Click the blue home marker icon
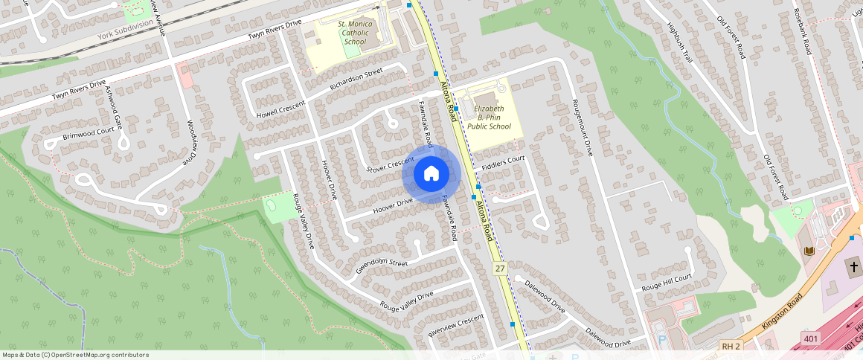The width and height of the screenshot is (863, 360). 431,174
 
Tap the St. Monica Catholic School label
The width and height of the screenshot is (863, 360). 355,33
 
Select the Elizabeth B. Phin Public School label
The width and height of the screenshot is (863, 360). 489,118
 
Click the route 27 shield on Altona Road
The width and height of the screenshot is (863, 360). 499,268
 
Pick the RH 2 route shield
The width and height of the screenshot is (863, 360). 731,347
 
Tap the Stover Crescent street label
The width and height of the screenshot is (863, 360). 390,164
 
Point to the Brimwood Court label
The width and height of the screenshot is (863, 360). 89,133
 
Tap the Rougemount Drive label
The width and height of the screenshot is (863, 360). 582,127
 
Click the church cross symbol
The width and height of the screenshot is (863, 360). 853,266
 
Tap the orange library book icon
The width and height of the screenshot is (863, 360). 809,251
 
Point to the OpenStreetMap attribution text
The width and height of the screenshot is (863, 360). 75,355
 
